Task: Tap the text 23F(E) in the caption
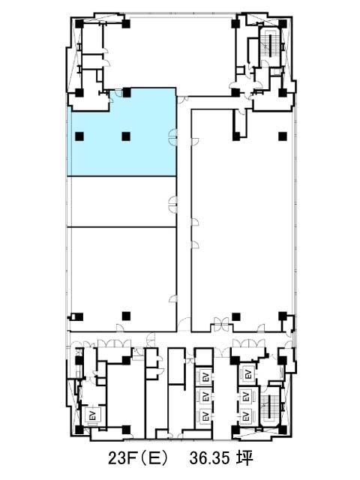click(x=138, y=458)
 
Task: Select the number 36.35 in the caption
click(x=209, y=458)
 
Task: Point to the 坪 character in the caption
click(x=244, y=458)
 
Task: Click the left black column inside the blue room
click(x=79, y=136)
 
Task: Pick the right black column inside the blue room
click(x=126, y=136)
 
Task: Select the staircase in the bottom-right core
click(x=270, y=406)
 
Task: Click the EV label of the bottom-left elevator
click(x=94, y=415)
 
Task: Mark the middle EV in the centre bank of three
click(x=205, y=396)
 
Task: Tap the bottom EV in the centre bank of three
click(x=205, y=416)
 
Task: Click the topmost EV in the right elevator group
click(x=248, y=374)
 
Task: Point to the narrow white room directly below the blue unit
click(x=121, y=202)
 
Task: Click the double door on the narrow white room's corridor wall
click(x=173, y=204)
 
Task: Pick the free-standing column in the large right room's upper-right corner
click(x=283, y=136)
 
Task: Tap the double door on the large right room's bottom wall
click(x=221, y=325)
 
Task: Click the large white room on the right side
click(x=242, y=220)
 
